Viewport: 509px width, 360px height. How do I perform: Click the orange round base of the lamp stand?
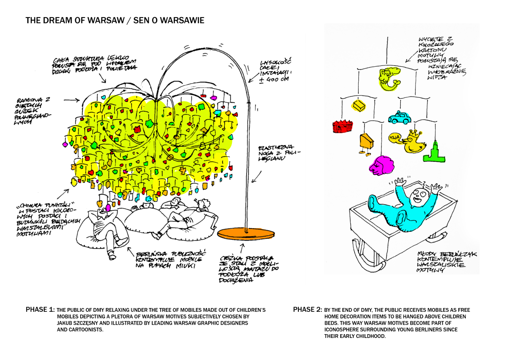[x=245, y=234]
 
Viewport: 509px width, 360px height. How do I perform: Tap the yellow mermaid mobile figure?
[x=389, y=79]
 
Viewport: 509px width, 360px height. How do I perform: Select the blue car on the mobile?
[x=399, y=118]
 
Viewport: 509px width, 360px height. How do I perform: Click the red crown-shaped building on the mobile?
[x=342, y=126]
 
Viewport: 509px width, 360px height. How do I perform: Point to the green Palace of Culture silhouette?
[x=434, y=154]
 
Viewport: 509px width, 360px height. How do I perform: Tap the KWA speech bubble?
[x=394, y=138]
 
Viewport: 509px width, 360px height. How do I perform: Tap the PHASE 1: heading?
[x=40, y=310]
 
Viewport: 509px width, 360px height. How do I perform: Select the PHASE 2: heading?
[x=307, y=310]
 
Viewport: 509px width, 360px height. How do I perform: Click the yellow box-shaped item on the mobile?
[x=359, y=106]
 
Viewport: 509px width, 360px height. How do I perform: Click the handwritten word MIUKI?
[x=185, y=266]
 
